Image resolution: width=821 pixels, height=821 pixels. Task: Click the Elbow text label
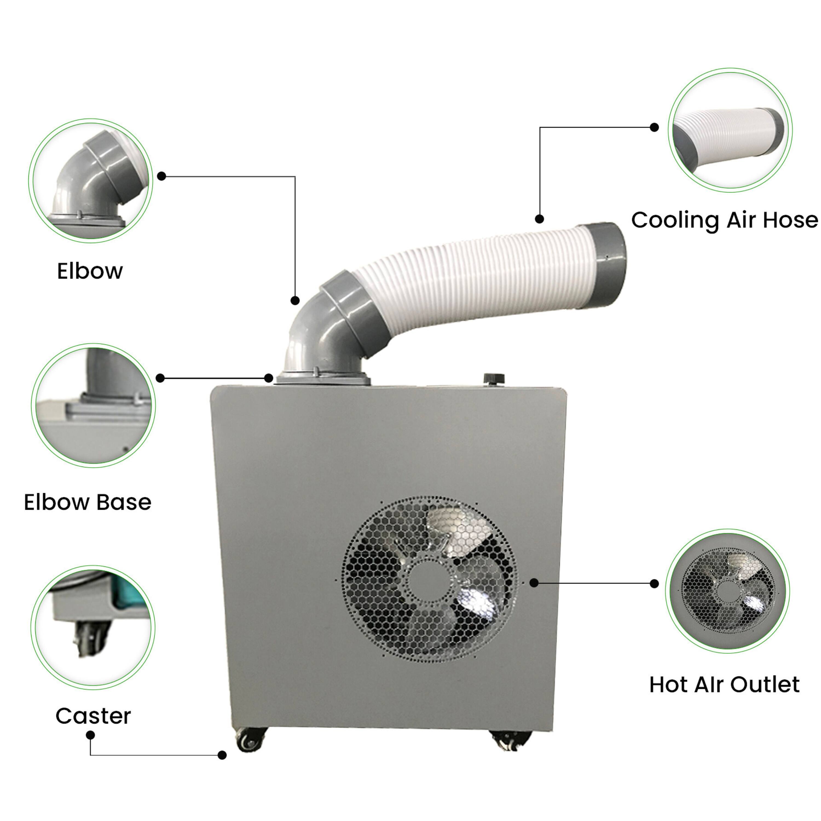tap(90, 271)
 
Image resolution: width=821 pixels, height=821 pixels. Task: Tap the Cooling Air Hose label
tap(724, 220)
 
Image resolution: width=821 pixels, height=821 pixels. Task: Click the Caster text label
tap(93, 716)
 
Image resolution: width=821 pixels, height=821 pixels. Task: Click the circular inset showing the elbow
tap(91, 181)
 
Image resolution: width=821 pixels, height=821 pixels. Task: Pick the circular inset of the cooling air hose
tap(730, 130)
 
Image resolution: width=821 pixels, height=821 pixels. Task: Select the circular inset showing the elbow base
tap(93, 405)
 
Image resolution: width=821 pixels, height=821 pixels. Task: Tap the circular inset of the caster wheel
tap(93, 627)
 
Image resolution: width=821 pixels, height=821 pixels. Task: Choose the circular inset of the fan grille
tap(727, 591)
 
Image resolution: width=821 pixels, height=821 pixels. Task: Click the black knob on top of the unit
tap(494, 378)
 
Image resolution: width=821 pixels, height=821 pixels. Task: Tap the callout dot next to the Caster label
tap(90, 735)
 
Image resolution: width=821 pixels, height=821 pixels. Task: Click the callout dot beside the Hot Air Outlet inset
tap(654, 584)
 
